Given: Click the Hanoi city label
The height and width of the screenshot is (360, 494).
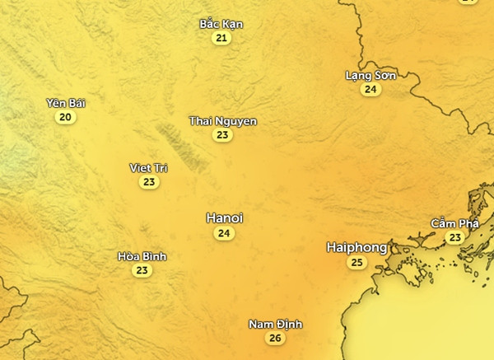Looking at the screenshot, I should pyautogui.click(x=224, y=218).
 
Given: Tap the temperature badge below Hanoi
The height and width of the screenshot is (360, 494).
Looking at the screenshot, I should pyautogui.click(x=224, y=234).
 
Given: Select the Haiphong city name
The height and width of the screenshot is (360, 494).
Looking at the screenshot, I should pyautogui.click(x=357, y=247).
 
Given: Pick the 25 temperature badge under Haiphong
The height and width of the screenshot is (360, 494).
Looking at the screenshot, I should pyautogui.click(x=357, y=263).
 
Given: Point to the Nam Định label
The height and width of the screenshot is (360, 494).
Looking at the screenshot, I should pyautogui.click(x=275, y=324).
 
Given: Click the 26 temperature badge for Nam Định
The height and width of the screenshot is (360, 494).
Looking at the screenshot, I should pyautogui.click(x=275, y=339).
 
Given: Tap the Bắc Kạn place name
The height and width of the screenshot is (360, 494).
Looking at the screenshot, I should pyautogui.click(x=221, y=24).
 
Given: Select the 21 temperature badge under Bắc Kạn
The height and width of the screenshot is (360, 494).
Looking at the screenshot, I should pyautogui.click(x=221, y=38).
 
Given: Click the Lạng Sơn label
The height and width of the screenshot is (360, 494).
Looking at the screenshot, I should pyautogui.click(x=370, y=75).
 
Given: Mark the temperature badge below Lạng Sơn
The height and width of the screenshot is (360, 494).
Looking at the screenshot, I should pyautogui.click(x=370, y=89).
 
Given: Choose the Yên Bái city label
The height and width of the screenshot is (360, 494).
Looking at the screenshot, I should pyautogui.click(x=66, y=103).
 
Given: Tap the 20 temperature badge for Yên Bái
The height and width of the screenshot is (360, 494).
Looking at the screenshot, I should pyautogui.click(x=66, y=118).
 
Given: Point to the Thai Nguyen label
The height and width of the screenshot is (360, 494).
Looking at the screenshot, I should pyautogui.click(x=222, y=121).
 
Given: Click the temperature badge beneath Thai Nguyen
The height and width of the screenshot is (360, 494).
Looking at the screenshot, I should pyautogui.click(x=222, y=135).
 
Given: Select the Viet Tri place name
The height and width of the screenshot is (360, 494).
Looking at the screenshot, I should pyautogui.click(x=149, y=168).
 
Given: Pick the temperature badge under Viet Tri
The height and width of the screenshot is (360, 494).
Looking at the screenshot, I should pyautogui.click(x=149, y=182).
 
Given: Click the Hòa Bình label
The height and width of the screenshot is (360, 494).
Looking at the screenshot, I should pyautogui.click(x=142, y=256).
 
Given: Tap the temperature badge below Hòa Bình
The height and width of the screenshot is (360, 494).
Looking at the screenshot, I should pyautogui.click(x=142, y=270).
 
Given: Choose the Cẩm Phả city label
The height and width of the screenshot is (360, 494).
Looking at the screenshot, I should pyautogui.click(x=454, y=223).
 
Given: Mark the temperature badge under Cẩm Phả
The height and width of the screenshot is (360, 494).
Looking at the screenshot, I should pyautogui.click(x=454, y=237).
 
